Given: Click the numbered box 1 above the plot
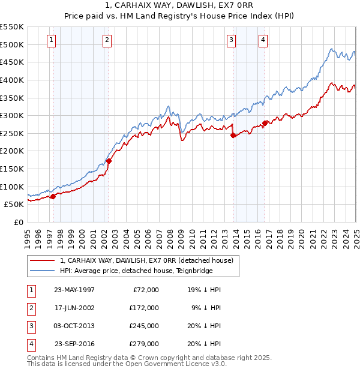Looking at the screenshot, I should pyautogui.click(x=52, y=40).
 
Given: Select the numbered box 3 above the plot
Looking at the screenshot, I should pyautogui.click(x=232, y=40).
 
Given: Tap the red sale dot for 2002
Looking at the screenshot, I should pyautogui.click(x=109, y=161).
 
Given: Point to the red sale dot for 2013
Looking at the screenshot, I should pyautogui.click(x=233, y=135).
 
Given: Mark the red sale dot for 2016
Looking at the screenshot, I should pyautogui.click(x=265, y=123).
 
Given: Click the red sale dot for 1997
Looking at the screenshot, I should pyautogui.click(x=53, y=196).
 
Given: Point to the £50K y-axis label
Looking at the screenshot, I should pyautogui.click(x=14, y=204).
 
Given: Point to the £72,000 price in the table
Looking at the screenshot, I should pyautogui.click(x=146, y=290).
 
